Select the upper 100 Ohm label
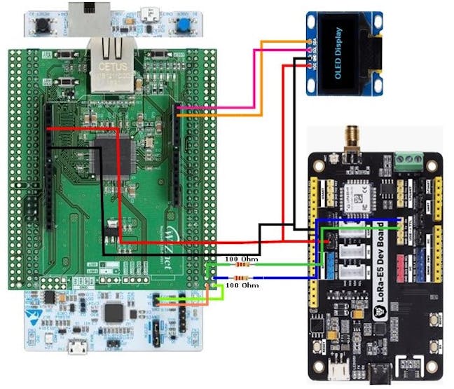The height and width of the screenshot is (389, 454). [x=241, y=259]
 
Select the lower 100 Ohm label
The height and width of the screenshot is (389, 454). [x=242, y=286]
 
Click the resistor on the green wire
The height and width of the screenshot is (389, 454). [x=242, y=266]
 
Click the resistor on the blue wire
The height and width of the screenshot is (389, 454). [x=242, y=278]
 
